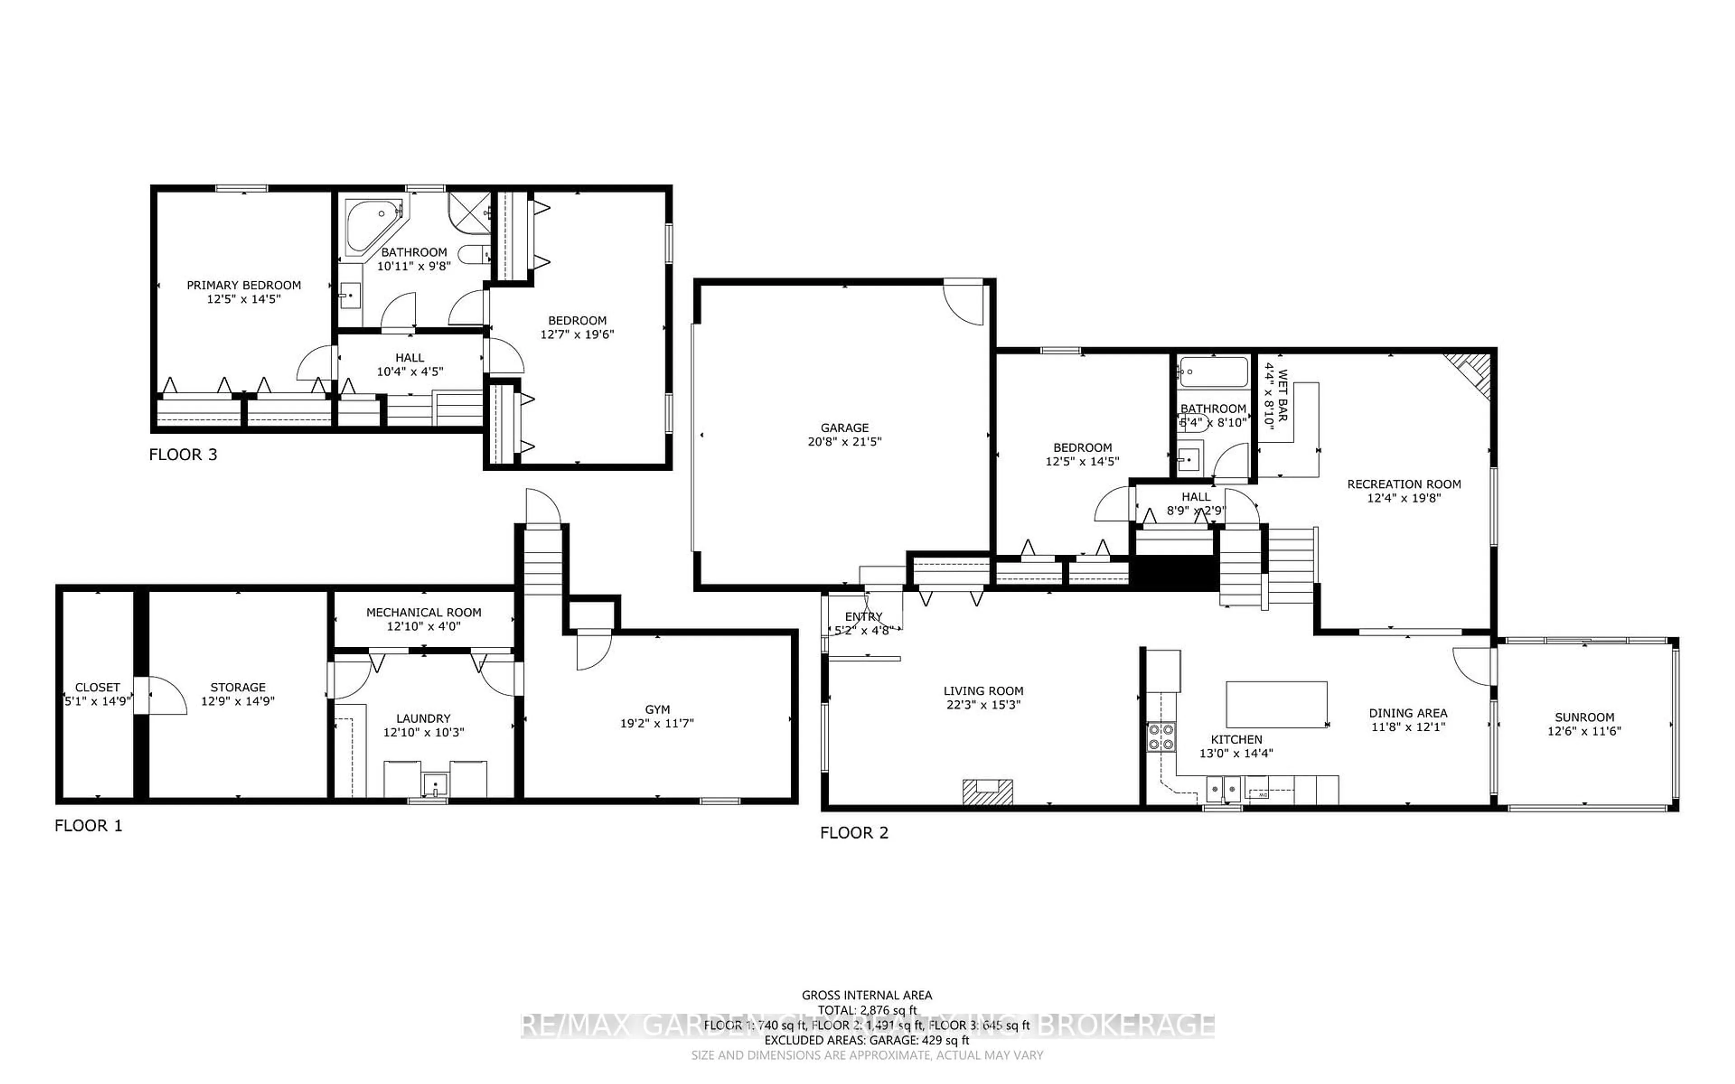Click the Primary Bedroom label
pos(244,285)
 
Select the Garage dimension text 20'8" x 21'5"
pos(844,442)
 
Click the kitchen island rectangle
pos(1276,704)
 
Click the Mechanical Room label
pos(424,612)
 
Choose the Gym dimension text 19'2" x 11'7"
pos(656,724)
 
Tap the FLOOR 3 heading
pos(183,454)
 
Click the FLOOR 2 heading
pos(854,832)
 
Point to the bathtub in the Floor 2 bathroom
pos(1213,372)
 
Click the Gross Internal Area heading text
pos(866,995)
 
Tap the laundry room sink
pos(435,785)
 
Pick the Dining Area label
pos(1408,713)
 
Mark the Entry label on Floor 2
pos(863,617)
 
